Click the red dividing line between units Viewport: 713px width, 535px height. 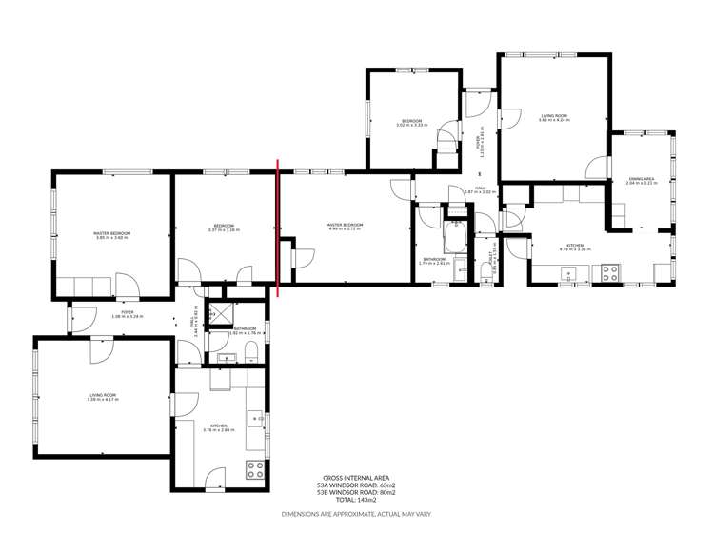[x=278, y=228]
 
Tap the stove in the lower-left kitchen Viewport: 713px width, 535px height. [x=255, y=468]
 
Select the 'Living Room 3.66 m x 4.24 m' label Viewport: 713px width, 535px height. [x=554, y=118]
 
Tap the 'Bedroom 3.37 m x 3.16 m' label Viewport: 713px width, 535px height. [x=225, y=228]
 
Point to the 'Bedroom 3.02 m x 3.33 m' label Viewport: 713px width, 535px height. [x=411, y=123]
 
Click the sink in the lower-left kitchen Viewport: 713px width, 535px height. [x=256, y=418]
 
